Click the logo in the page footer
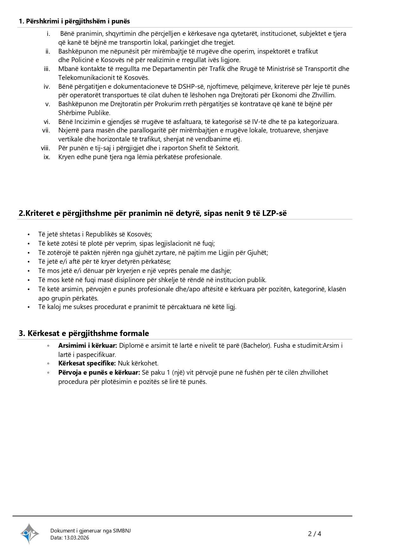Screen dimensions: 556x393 (x=29, y=533)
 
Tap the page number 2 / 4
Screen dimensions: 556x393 (x=314, y=534)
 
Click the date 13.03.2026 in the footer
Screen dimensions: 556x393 (x=77, y=538)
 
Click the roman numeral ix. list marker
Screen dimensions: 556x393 (x=47, y=157)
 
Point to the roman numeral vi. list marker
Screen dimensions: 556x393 (x=47, y=122)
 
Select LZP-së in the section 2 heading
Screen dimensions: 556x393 (x=274, y=213)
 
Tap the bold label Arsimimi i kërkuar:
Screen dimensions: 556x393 (x=87, y=346)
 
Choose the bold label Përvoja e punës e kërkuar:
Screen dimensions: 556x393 (x=99, y=372)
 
